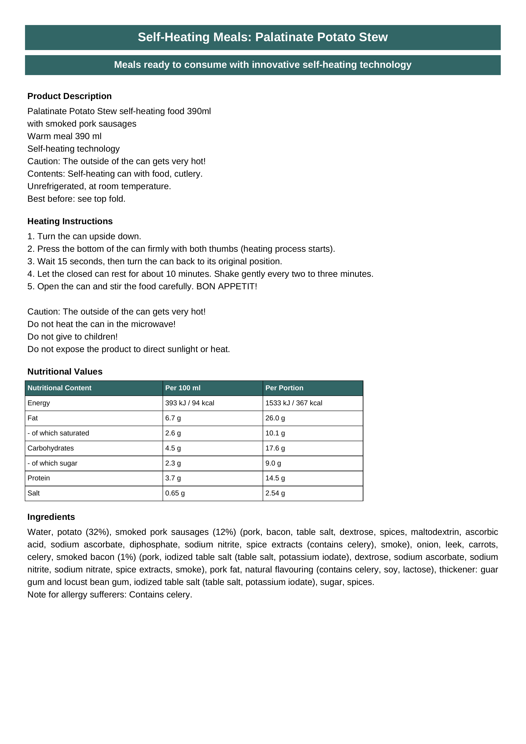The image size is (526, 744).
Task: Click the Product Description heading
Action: pyautogui.click(x=69, y=96)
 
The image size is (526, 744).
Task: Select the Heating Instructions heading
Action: pyautogui.click(x=70, y=221)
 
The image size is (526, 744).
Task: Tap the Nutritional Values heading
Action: pyautogui.click(x=65, y=372)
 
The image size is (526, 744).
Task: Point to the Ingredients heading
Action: pyautogui.click(x=51, y=517)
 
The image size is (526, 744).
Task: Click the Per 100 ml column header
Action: pyautogui.click(x=183, y=388)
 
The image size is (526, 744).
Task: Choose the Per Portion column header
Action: pyautogui.click(x=284, y=388)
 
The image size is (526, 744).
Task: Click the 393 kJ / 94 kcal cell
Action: pyautogui.click(x=190, y=403)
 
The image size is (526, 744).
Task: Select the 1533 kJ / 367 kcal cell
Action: pyautogui.click(x=293, y=403)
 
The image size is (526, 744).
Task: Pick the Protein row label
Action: pyautogui.click(x=39, y=478)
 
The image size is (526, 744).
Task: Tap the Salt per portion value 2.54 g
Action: pyautogui.click(x=275, y=493)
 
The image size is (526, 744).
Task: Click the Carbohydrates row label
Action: pyautogui.click(x=50, y=448)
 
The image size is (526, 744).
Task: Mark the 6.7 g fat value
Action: pyautogui.click(x=173, y=418)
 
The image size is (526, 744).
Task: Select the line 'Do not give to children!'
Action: pyautogui.click(x=72, y=337)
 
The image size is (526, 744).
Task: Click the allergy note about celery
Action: pyautogui.click(x=110, y=595)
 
